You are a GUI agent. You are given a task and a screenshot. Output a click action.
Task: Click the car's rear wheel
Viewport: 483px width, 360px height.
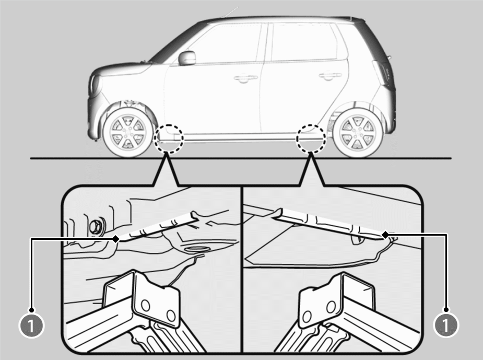click(358, 132)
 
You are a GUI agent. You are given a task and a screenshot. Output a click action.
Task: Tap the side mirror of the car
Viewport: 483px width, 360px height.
click(187, 58)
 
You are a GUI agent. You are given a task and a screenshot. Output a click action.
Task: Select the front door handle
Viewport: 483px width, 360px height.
click(246, 78)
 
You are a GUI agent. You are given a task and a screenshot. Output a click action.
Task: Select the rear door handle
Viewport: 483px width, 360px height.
click(330, 76)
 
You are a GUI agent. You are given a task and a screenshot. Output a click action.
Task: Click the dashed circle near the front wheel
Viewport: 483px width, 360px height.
click(169, 138)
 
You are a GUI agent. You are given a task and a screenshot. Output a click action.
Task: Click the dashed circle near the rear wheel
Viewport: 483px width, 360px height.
click(311, 138)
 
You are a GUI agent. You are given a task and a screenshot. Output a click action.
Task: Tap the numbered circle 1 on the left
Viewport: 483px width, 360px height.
click(31, 325)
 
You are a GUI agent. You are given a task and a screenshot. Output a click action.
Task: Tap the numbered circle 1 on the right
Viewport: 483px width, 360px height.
click(446, 324)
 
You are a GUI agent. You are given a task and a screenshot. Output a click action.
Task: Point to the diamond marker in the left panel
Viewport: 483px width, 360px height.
click(116, 239)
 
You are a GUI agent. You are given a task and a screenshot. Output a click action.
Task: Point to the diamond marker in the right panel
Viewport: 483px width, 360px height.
click(385, 235)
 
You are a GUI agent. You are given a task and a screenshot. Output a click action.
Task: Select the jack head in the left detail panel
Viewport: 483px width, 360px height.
click(142, 296)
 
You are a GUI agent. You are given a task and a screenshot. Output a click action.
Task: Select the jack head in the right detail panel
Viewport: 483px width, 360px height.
click(337, 299)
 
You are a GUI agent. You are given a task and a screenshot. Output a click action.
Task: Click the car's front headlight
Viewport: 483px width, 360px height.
click(95, 85)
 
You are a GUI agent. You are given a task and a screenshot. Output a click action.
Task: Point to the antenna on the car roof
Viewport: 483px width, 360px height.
click(230, 12)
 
